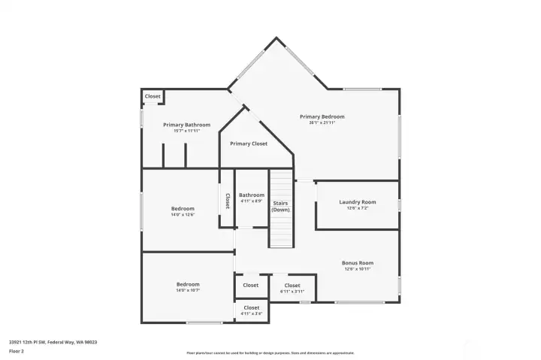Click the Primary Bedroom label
(x=322, y=116)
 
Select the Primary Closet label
(x=249, y=144)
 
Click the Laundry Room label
(x=358, y=202)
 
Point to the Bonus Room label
(x=358, y=263)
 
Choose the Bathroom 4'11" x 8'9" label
(x=252, y=195)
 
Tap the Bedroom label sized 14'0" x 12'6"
(x=183, y=209)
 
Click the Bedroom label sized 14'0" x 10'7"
(x=188, y=284)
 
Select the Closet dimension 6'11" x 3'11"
(x=292, y=291)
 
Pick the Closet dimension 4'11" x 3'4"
(x=251, y=313)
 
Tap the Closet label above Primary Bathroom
(x=153, y=96)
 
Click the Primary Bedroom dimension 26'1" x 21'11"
(x=322, y=123)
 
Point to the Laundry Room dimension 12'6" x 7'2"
(x=358, y=208)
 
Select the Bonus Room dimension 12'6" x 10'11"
(x=358, y=268)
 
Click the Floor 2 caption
(x=16, y=351)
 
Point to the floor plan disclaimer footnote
(x=270, y=352)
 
